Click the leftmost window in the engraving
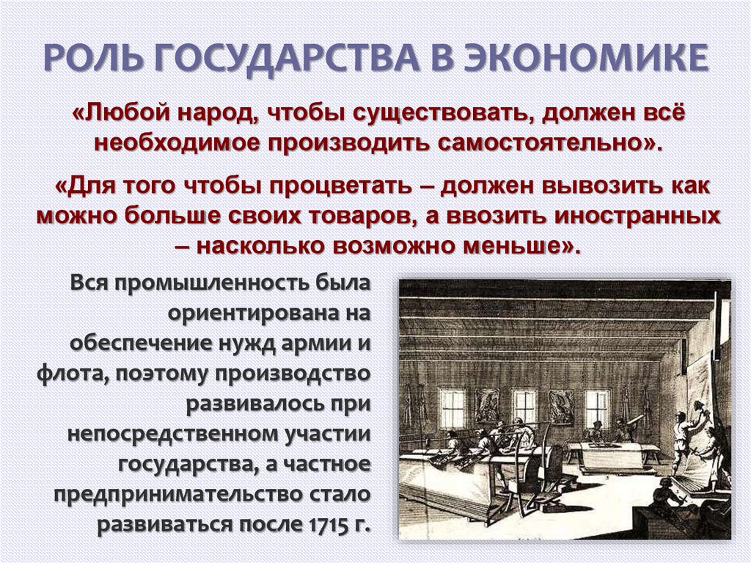coord(451,408)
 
